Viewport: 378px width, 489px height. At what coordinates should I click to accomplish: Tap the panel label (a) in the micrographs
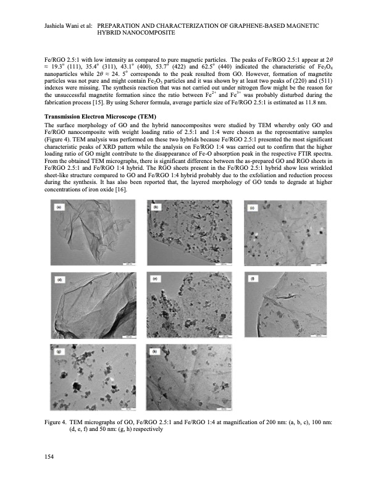coord(59,225)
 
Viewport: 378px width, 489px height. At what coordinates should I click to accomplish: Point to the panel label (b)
coord(156,225)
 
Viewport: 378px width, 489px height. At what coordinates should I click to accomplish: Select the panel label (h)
coord(156,351)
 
